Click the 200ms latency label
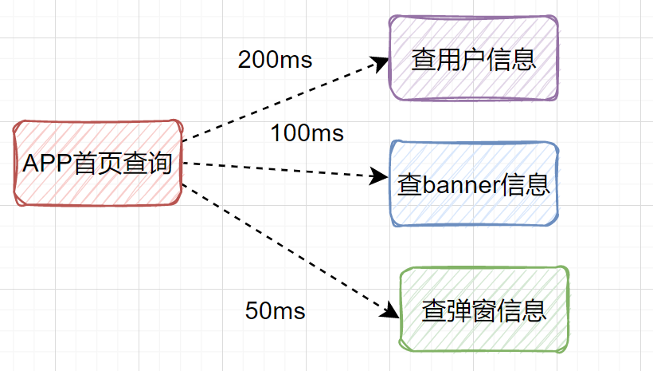(275, 60)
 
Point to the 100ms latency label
(307, 133)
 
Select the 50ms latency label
(275, 311)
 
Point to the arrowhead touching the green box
(389, 312)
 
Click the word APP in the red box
(48, 164)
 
